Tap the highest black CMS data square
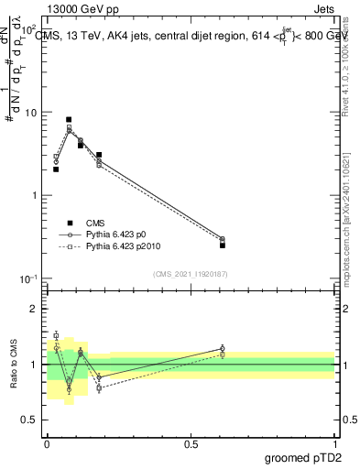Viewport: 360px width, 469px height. tap(69, 120)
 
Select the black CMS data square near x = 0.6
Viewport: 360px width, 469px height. tap(223, 245)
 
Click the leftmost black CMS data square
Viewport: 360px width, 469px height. tap(56, 169)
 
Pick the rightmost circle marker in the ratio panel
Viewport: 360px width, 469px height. tap(223, 348)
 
